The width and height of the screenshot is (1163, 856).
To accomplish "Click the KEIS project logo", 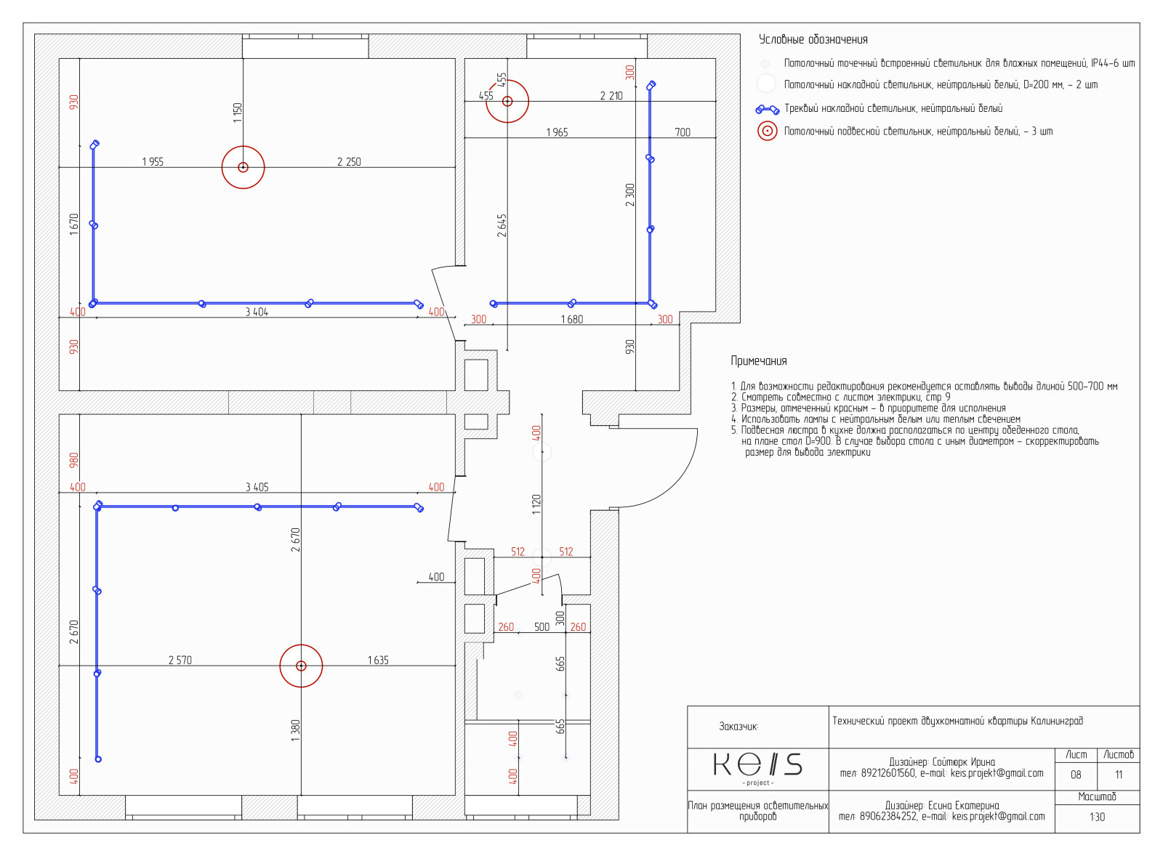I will (x=757, y=766).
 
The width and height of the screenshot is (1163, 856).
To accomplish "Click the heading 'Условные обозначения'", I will (x=813, y=40).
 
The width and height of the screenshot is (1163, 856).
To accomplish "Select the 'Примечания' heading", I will (x=758, y=361).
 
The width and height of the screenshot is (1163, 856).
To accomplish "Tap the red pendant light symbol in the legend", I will (x=767, y=132).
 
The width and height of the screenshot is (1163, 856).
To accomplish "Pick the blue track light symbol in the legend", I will (x=767, y=110).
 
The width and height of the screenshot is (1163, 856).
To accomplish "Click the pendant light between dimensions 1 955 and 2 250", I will (x=243, y=167).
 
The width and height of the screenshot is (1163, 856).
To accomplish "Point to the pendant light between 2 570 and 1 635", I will (x=301, y=666).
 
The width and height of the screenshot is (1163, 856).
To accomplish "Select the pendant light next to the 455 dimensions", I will (x=507, y=101).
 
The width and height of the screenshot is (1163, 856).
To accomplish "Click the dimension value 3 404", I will (x=257, y=312).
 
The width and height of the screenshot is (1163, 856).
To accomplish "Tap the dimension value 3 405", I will (x=257, y=488).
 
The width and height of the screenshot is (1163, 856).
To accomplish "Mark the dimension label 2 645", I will (x=502, y=225).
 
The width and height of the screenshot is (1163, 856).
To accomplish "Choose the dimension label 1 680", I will (x=571, y=320).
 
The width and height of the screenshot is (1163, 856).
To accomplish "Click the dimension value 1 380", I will (x=295, y=730).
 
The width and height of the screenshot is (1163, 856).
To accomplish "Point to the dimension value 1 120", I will (x=536, y=504).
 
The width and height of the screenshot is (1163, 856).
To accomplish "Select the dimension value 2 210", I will (x=611, y=96).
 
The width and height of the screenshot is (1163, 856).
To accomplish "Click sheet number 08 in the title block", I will (x=1076, y=775).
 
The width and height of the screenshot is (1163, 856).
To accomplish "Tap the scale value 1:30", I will (x=1097, y=817).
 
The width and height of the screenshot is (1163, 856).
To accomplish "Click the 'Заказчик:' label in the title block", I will (x=739, y=727).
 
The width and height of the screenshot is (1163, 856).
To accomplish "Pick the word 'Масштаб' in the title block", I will (x=1097, y=797).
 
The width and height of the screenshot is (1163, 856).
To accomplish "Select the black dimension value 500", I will (x=542, y=627).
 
